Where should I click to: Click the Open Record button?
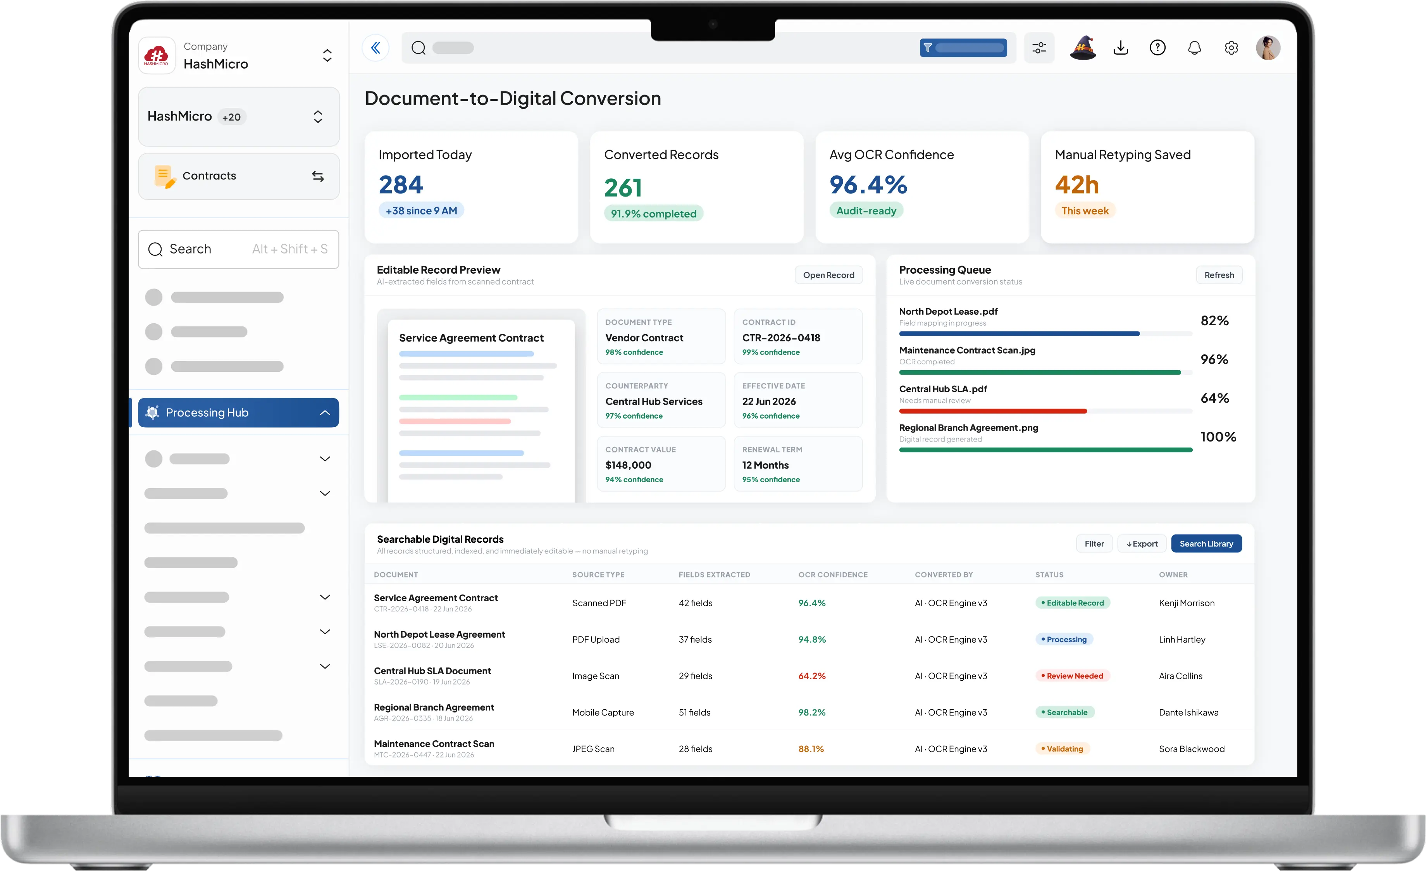coord(828,275)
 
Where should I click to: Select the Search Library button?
coord(1206,543)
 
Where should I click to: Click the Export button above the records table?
coord(1142,543)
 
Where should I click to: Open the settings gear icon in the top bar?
coord(1231,47)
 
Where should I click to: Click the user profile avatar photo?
coord(1268,47)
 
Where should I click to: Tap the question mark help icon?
coord(1157,47)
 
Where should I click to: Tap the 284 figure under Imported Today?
coord(401,185)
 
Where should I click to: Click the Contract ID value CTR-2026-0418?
coord(781,337)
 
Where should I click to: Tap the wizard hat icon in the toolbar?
coord(1083,47)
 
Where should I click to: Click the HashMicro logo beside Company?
coord(156,55)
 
